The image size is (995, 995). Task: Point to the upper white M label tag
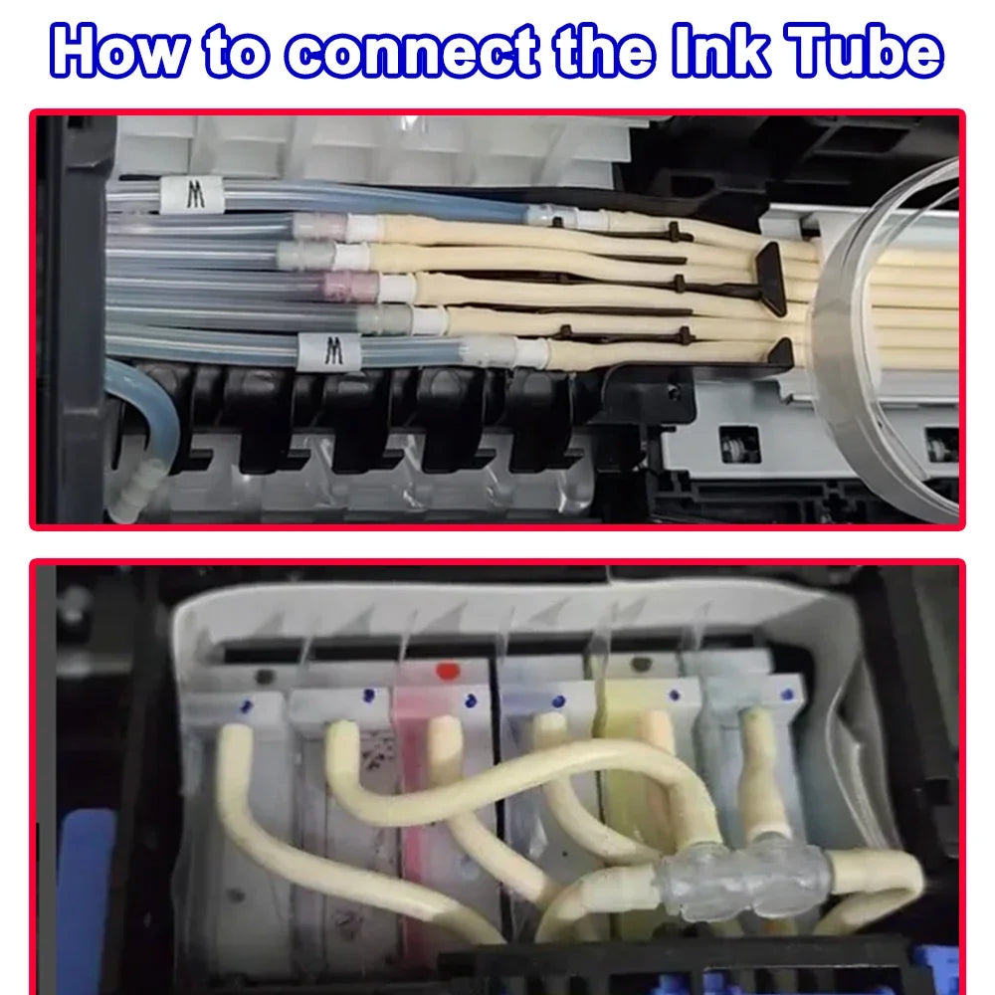click(196, 195)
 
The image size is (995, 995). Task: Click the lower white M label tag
click(329, 349)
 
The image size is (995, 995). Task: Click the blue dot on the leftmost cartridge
click(246, 706)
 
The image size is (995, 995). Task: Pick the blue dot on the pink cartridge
click(466, 700)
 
